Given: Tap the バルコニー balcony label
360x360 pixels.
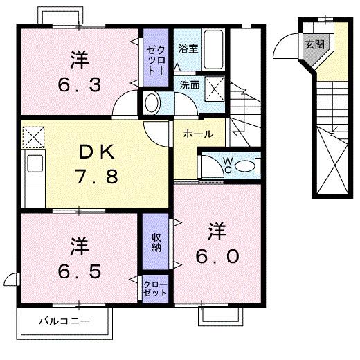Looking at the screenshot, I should coord(64,322).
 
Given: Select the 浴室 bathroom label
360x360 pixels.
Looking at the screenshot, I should coord(187,49).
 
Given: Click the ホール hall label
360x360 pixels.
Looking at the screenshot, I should coord(198,134).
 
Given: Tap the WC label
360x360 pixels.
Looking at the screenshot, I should coord(227,165).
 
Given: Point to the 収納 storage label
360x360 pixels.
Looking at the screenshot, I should coord(156,242).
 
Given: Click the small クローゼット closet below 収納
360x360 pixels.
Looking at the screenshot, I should coord(156,289).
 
